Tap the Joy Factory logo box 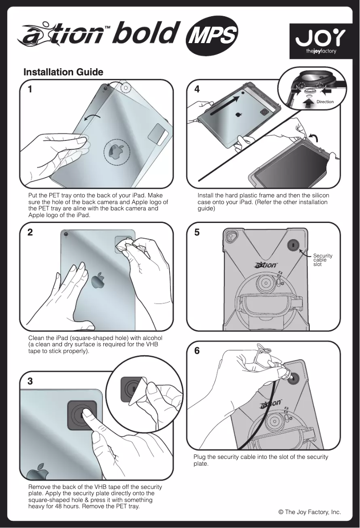321,41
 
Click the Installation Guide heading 63,72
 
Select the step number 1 30,89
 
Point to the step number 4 197,89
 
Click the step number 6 197,351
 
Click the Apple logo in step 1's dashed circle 116,152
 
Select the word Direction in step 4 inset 325,102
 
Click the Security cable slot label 323,260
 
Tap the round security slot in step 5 294,244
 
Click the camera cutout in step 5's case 232,237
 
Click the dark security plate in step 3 82,415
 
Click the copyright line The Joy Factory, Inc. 310,512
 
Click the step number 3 30,381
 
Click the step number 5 197,232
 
